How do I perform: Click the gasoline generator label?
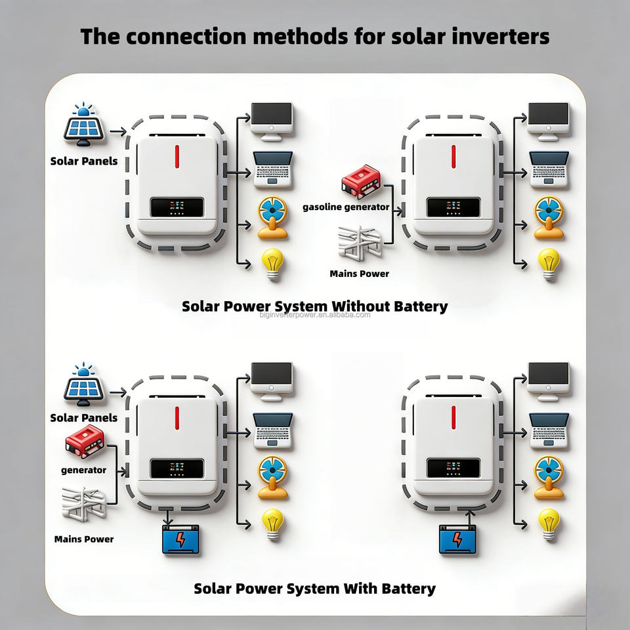click(x=346, y=207)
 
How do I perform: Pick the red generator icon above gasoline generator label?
click(x=361, y=182)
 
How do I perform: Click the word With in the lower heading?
click(x=360, y=588)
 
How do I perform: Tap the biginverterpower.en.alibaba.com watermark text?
click(x=315, y=315)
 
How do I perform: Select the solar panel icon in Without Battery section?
click(x=83, y=125)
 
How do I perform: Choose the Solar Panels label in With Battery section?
click(x=84, y=417)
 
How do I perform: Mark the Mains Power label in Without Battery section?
click(x=359, y=273)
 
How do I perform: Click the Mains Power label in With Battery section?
click(x=84, y=539)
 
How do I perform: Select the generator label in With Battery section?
click(x=83, y=470)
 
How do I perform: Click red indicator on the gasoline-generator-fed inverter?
click(x=453, y=157)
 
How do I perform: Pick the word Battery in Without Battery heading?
click(x=417, y=306)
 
